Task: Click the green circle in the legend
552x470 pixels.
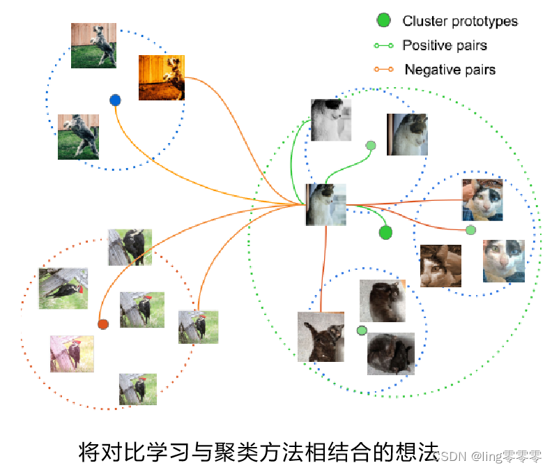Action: pyautogui.click(x=383, y=21)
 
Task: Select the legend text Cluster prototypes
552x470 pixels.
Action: pyautogui.click(x=460, y=21)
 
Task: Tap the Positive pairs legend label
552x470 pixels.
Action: pyautogui.click(x=445, y=45)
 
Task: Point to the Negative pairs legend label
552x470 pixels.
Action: pyautogui.click(x=450, y=70)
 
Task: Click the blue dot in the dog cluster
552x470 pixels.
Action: pyautogui.click(x=116, y=100)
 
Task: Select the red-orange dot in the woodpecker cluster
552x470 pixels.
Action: pyautogui.click(x=103, y=324)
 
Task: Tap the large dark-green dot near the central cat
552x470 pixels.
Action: pyautogui.click(x=385, y=232)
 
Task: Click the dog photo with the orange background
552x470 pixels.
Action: pyautogui.click(x=161, y=77)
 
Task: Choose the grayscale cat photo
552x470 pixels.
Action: pyautogui.click(x=330, y=120)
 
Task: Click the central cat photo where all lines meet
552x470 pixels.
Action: pyautogui.click(x=325, y=204)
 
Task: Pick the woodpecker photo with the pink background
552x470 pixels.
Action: pyautogui.click(x=72, y=353)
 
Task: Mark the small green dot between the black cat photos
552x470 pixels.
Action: pyautogui.click(x=361, y=330)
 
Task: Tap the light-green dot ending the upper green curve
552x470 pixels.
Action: pyautogui.click(x=371, y=145)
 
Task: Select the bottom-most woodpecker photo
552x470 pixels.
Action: pyautogui.click(x=137, y=388)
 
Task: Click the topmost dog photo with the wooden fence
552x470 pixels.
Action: pyautogui.click(x=93, y=45)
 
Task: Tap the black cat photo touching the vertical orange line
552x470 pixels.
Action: pyautogui.click(x=321, y=336)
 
